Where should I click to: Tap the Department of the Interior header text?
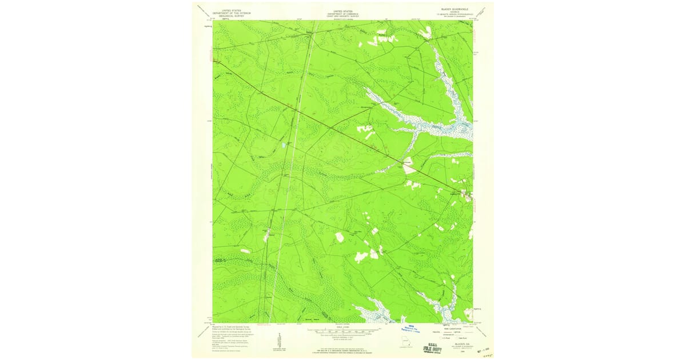232,13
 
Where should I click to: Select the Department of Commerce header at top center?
343,13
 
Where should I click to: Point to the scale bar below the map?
343,330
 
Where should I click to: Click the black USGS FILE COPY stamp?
433,347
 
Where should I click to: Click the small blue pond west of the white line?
283,146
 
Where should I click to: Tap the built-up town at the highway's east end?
466,194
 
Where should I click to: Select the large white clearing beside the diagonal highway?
410,167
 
